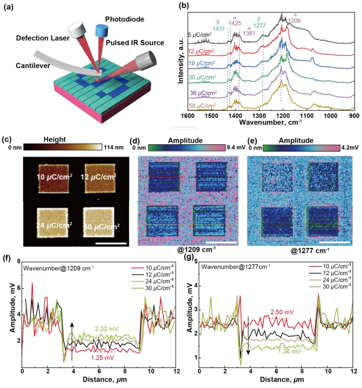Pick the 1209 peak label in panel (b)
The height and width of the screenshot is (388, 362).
coord(295,20)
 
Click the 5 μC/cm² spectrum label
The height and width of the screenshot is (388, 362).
coord(200,35)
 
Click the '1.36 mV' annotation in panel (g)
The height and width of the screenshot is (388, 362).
coord(290,351)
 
